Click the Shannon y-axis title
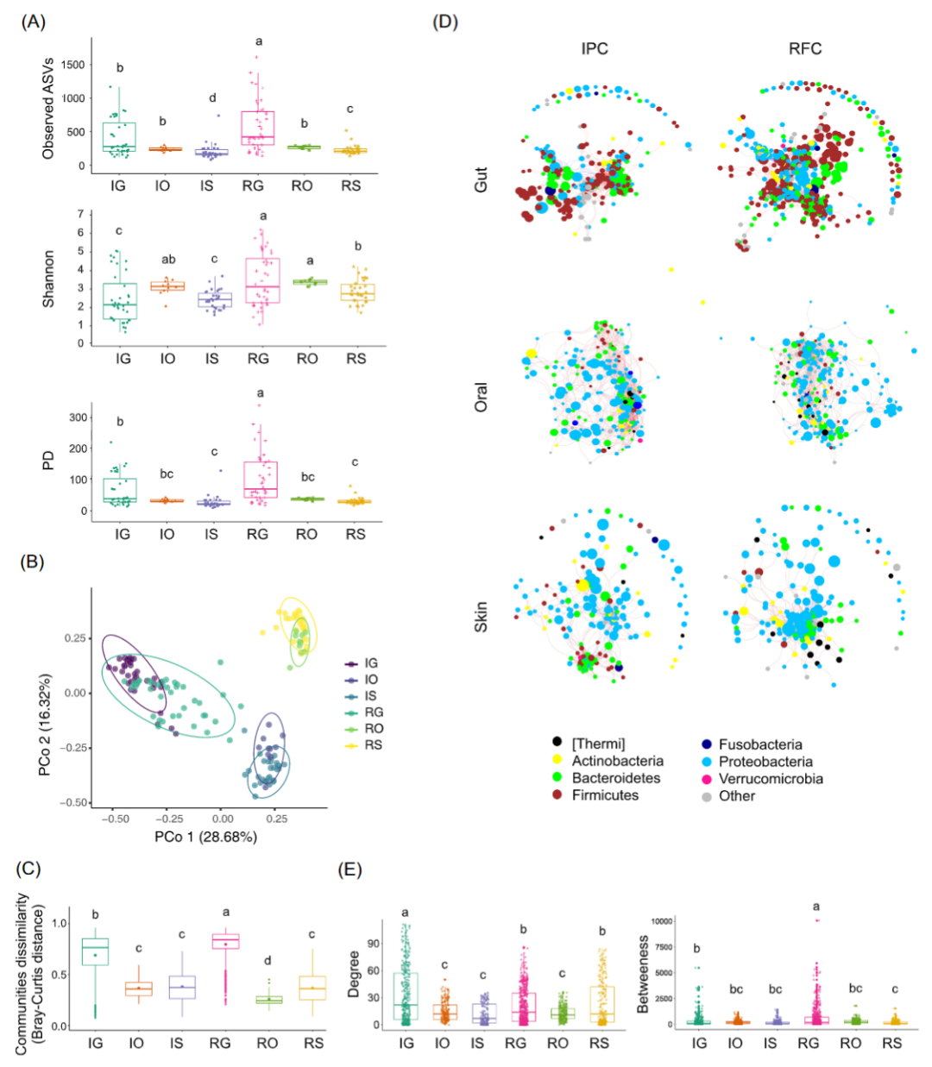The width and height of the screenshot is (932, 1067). [x=49, y=279]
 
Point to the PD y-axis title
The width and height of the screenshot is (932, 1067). [x=49, y=461]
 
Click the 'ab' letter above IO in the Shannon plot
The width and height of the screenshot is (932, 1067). [x=168, y=259]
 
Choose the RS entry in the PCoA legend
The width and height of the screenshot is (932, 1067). [x=373, y=745]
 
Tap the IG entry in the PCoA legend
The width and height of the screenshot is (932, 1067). [x=371, y=663]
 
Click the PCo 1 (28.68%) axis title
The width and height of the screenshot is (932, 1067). [x=205, y=837]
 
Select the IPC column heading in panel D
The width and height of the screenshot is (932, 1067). [x=595, y=49]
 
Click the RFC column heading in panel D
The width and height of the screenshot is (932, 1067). [x=805, y=49]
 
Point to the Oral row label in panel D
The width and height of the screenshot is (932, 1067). [x=482, y=397]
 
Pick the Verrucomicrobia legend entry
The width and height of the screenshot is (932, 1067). [x=770, y=779]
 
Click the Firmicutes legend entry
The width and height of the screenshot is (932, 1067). [x=605, y=795]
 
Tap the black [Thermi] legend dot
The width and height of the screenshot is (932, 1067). [x=557, y=743]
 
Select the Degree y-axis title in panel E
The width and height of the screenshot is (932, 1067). [x=354, y=974]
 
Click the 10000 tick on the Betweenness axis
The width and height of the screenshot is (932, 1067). [x=661, y=921]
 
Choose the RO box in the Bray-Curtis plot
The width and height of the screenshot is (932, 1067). [x=268, y=1000]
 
